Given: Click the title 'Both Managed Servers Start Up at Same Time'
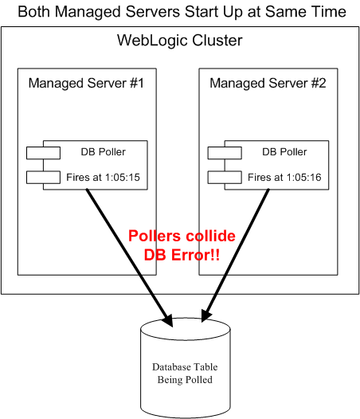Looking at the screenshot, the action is (182, 12).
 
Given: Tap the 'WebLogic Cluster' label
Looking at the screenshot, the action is (179, 41).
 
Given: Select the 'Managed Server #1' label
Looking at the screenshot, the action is (86, 83).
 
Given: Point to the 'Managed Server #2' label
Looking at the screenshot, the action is (268, 83).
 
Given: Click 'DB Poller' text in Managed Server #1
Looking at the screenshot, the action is (104, 152).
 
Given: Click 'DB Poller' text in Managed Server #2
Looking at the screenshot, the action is (284, 152).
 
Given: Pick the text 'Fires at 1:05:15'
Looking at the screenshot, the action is (104, 177).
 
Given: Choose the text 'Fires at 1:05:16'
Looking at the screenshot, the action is (284, 177).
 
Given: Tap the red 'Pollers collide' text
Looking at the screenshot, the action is (182, 236).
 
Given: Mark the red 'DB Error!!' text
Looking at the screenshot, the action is (182, 255).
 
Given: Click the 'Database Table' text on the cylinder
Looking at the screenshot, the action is (185, 367).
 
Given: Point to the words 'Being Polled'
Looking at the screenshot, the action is (185, 380).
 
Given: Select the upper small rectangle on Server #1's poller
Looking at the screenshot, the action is (43, 153).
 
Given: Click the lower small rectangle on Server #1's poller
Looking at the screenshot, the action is (43, 177).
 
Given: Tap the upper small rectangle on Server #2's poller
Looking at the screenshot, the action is (225, 153).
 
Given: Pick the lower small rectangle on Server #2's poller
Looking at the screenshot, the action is (225, 177).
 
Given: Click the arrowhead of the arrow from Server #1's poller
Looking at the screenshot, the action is (168, 320).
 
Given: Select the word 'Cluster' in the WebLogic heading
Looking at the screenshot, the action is (217, 41).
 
